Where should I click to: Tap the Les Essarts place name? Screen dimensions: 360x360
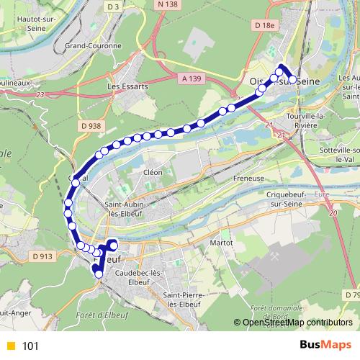click(122, 88)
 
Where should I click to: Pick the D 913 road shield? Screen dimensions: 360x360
click(43, 255)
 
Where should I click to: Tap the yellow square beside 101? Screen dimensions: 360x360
click(9, 346)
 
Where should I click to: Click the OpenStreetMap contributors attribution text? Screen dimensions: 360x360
click(296, 323)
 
